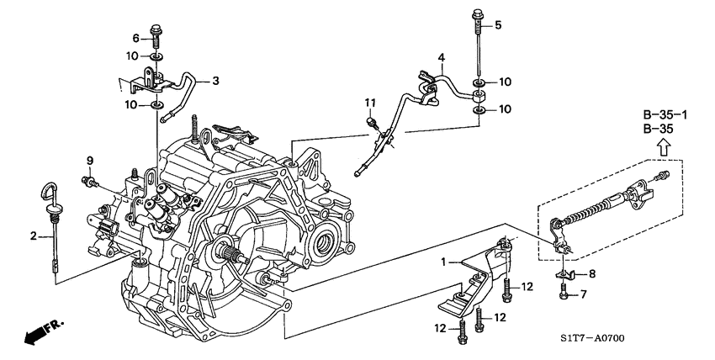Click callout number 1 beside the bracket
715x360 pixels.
[x=442, y=262]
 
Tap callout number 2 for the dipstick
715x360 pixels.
[x=34, y=236]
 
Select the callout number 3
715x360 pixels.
[x=215, y=81]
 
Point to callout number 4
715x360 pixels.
[x=441, y=57]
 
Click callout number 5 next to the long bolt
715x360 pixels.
[x=498, y=25]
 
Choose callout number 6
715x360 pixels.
[x=136, y=39]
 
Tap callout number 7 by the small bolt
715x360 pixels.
[x=583, y=294]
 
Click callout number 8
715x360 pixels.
[x=591, y=274]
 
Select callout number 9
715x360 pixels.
[x=90, y=161]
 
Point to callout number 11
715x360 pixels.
[x=369, y=103]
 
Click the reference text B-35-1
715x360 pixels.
[x=665, y=114]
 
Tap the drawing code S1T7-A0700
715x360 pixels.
[x=593, y=338]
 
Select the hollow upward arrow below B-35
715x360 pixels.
[x=665, y=147]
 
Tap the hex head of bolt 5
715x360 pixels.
[x=477, y=13]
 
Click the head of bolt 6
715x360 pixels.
[x=155, y=28]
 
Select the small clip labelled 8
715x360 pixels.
[x=565, y=274]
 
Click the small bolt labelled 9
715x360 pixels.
[x=89, y=181]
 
